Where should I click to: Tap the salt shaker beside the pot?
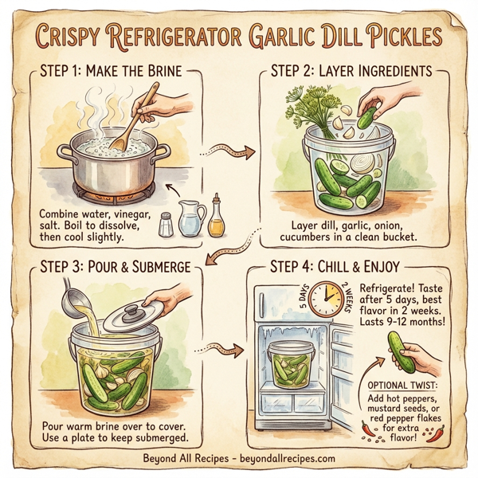coord(166,224)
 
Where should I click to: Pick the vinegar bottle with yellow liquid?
coord(217,217)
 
